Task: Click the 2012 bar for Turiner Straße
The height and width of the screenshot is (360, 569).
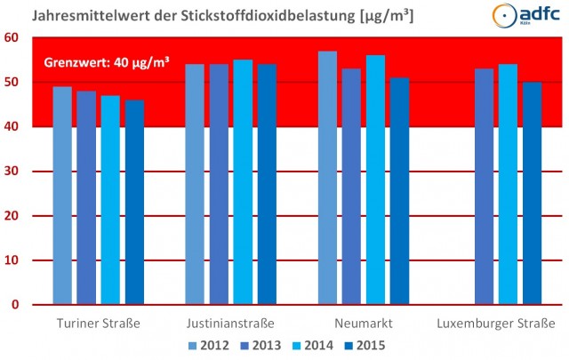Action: coord(62,196)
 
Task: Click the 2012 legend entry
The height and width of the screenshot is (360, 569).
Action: coord(208,345)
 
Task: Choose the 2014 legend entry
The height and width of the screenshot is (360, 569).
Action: coord(309,345)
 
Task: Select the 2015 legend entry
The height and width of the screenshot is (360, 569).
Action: coord(359,345)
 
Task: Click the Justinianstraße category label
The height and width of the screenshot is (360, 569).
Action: coord(230,323)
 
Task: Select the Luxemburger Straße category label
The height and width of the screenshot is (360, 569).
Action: coord(496,323)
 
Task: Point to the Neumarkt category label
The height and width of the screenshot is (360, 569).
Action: coord(364,323)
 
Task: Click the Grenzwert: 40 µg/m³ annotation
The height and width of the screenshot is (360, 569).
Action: coord(107,63)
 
